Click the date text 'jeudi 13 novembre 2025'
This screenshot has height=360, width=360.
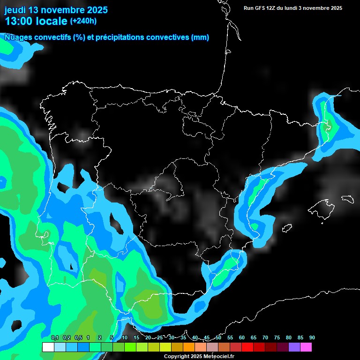[56, 10]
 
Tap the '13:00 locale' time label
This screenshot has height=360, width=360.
[36, 21]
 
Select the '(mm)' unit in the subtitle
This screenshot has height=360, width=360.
[200, 37]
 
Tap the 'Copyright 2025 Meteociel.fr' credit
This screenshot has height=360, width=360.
[198, 356]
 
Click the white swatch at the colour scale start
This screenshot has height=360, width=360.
[48, 347]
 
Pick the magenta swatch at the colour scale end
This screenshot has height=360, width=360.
[306, 347]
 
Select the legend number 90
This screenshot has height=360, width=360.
[312, 337]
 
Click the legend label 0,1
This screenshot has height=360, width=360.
[54, 337]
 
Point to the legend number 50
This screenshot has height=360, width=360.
[218, 337]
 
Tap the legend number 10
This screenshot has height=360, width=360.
[125, 337]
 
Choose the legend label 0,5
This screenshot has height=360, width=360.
[78, 337]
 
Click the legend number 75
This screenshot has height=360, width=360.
[277, 337]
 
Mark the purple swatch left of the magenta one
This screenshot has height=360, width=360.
[294, 347]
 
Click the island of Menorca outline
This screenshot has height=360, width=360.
[347, 198]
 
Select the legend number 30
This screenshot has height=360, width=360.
[172, 337]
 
